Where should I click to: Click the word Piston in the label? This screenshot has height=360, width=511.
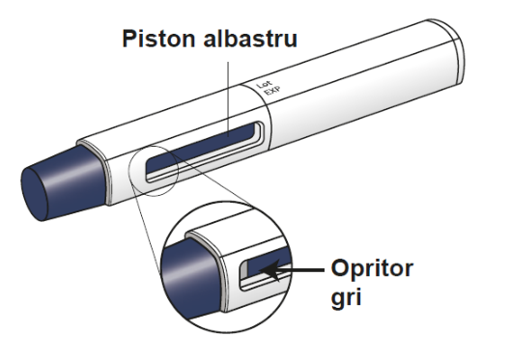click(x=158, y=39)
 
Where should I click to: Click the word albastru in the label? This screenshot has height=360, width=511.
click(x=250, y=39)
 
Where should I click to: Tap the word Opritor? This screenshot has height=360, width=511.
click(x=372, y=268)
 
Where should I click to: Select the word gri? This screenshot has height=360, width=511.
click(x=346, y=297)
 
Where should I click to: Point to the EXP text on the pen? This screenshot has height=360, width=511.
click(x=271, y=90)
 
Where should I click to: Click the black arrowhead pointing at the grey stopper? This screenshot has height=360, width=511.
click(x=270, y=269)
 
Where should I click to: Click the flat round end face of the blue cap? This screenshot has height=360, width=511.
click(x=34, y=195)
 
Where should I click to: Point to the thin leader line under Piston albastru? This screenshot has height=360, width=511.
click(x=228, y=98)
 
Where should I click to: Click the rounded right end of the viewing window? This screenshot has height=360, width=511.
click(x=262, y=133)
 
